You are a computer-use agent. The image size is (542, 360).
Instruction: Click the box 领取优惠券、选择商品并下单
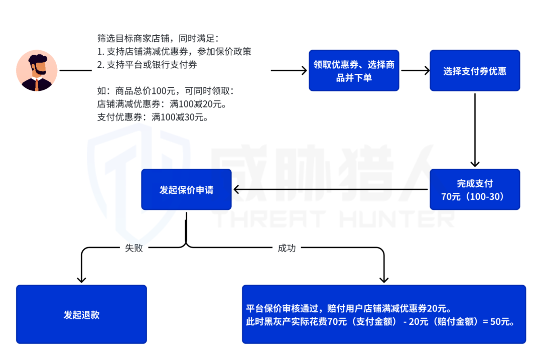354,70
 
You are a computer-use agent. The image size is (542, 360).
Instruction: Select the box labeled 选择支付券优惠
474,70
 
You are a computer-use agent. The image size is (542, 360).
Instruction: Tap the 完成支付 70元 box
474,189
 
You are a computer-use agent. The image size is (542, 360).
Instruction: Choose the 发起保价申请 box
186,189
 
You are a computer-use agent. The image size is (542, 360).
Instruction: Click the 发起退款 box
81,314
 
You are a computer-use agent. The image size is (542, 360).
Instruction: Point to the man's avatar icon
37,70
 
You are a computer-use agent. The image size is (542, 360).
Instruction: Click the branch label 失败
134,248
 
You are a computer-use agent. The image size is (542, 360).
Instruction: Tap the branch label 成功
287,248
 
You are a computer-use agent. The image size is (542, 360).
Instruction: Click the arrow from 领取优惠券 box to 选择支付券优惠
415,71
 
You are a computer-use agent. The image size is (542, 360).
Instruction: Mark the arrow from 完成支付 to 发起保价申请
331,190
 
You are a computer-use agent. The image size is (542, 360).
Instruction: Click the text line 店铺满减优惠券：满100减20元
162,104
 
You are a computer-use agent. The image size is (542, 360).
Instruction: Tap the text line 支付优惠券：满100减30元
153,117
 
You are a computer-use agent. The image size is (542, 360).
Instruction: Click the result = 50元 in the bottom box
498,322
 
